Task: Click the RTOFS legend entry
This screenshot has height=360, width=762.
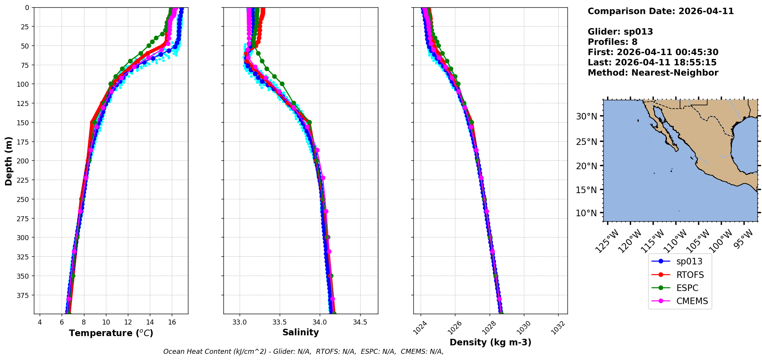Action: coord(690,275)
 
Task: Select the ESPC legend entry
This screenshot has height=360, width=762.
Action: coord(687,288)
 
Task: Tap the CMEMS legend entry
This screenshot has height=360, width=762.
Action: coord(692,301)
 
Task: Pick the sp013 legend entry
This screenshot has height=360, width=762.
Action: coord(689,261)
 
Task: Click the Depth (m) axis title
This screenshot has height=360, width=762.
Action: coord(9,161)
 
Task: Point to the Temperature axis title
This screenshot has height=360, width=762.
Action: coord(111,333)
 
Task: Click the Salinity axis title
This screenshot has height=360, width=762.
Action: coord(300,332)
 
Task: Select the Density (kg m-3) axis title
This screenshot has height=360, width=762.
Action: coord(490,342)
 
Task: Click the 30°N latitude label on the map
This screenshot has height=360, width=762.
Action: coord(586,116)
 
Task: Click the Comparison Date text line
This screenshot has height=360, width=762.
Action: coord(660,11)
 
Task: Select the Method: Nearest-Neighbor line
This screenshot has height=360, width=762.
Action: coord(653,73)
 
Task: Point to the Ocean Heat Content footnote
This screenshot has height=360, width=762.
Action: coord(303,352)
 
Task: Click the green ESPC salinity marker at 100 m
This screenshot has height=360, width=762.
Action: coord(282,84)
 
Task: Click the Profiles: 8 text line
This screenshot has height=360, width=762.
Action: coord(612,42)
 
